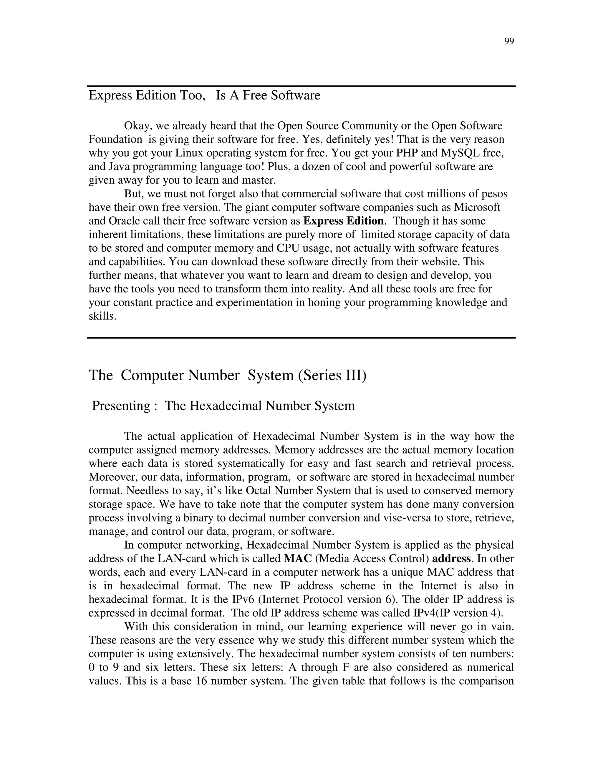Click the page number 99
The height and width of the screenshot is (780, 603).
(509, 42)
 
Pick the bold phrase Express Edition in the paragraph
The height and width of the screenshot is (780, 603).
(343, 221)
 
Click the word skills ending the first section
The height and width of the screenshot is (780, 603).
(102, 316)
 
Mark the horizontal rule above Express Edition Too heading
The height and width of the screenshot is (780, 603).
(301, 86)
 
